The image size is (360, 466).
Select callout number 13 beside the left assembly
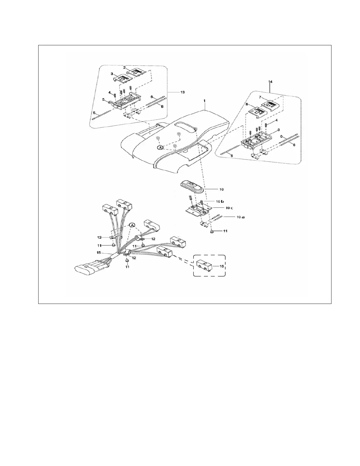[x=182, y=92]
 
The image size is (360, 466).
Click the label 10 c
[x=229, y=208]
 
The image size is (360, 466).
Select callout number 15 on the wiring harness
[x=99, y=252]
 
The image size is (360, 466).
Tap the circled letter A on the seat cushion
[x=160, y=148]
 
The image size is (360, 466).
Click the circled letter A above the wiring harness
[x=132, y=225]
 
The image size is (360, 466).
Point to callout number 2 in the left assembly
[x=124, y=67]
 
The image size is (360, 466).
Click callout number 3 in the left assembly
[x=112, y=73]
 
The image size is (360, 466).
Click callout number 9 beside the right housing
[x=279, y=129]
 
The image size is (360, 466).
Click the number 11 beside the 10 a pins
[x=225, y=231]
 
